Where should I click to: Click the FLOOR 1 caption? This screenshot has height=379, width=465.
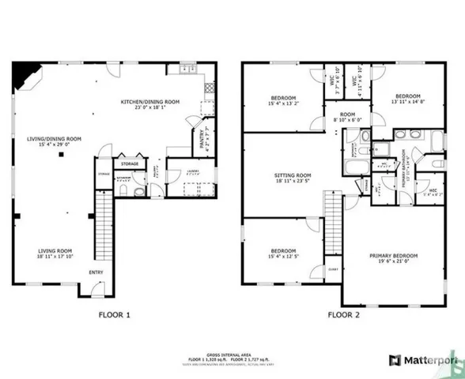[114, 314]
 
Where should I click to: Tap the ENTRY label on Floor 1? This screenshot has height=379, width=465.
[96, 273]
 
